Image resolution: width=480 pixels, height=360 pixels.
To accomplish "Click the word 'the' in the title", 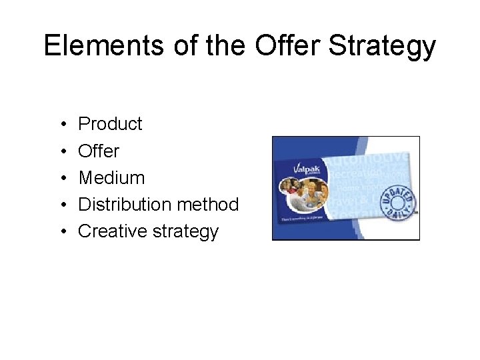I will pyautogui.click(x=229, y=46).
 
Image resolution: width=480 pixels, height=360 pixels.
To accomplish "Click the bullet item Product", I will pyautogui.click(x=110, y=124).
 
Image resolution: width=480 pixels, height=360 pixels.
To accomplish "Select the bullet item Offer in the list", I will pyautogui.click(x=99, y=151).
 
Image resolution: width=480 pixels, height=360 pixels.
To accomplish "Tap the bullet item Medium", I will pyautogui.click(x=111, y=177).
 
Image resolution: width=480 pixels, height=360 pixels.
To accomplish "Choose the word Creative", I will pyautogui.click(x=109, y=231).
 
